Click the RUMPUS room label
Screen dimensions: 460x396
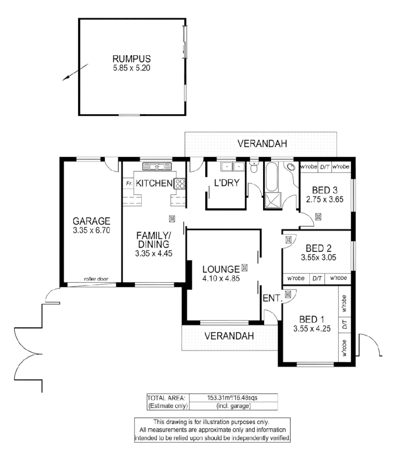coord(132,59)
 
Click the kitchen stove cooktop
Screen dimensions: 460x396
coord(180,183)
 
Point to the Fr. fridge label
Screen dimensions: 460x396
coord(129,183)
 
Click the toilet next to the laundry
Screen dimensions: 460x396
coord(254,168)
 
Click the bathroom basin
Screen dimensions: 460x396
coord(291,167)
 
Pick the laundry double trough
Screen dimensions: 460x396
coord(232,166)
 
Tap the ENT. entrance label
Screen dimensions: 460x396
coord(272,299)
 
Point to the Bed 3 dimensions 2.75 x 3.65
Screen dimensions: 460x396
coord(324,199)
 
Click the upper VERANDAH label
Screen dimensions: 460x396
coord(262,144)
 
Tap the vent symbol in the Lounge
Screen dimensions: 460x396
coord(244,268)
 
